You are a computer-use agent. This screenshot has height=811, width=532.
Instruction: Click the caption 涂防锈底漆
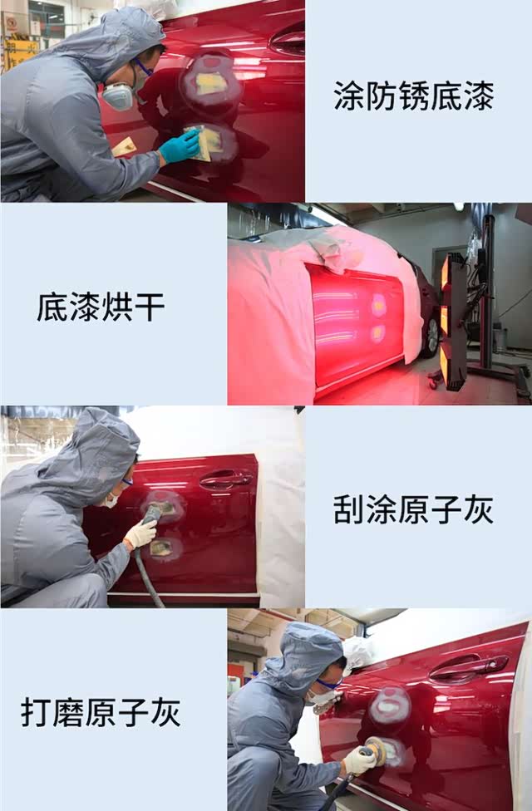pyautogui.click(x=413, y=96)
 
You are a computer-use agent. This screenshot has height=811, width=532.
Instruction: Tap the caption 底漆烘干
pyautogui.click(x=101, y=307)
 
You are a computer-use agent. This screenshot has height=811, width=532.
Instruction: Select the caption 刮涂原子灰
pyautogui.click(x=413, y=509)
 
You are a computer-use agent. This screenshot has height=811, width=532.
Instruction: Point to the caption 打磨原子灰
pyautogui.click(x=101, y=712)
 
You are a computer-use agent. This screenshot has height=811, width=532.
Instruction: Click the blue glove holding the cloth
pyautogui.click(x=180, y=145)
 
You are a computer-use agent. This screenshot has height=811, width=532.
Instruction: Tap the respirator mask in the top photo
pyautogui.click(x=119, y=96)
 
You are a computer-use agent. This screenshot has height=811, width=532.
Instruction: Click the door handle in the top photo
pyautogui.click(x=288, y=42)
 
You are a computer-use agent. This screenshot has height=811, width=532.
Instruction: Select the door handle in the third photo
pyautogui.click(x=225, y=479)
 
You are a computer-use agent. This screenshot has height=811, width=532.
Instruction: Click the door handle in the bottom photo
pyautogui.click(x=468, y=667)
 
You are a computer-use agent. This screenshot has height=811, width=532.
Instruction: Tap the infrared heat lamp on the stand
pyautogui.click(x=453, y=321)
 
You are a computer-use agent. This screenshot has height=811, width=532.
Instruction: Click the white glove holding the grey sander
pyautogui.click(x=140, y=533)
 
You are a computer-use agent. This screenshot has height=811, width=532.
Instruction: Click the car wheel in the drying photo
pyautogui.click(x=431, y=337)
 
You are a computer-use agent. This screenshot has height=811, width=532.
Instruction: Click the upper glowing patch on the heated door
pyautogui.click(x=379, y=306)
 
